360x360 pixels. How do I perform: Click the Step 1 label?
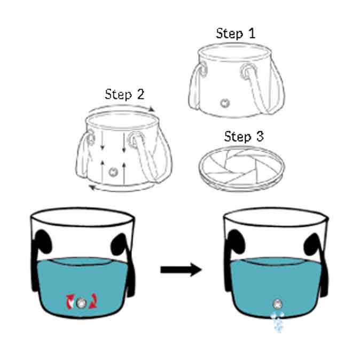coord(236,33)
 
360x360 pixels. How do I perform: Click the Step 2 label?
coord(124,95)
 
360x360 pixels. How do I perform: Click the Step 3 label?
coord(244,136)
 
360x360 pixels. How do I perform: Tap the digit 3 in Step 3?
coord(260,136)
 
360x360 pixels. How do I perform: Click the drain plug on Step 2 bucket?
coord(113,172)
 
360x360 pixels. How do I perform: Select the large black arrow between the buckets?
coord(181,270)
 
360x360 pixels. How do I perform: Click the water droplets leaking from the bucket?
coord(276,322)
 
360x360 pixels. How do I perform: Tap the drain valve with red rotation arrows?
coord(80,303)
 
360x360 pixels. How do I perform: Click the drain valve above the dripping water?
coord(277,303)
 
